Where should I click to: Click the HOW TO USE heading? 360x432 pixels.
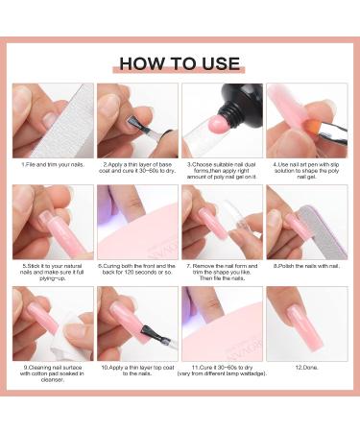[x=179, y=63]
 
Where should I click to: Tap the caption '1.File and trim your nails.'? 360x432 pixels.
[x=53, y=164]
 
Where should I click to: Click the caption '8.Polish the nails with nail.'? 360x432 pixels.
[x=306, y=266]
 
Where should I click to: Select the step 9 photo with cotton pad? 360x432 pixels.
[x=53, y=324]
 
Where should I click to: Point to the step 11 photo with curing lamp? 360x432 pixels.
[x=222, y=324]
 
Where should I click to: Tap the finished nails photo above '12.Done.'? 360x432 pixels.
[x=306, y=324]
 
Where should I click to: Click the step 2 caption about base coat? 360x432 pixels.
[x=137, y=168]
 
